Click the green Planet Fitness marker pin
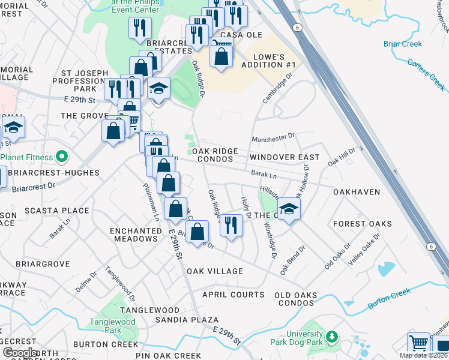tap(61, 158)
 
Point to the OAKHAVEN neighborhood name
tap(357, 192)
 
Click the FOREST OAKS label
tap(363, 224)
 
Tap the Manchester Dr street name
tap(273, 139)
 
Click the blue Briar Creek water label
tap(403, 44)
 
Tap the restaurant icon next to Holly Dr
tap(231, 225)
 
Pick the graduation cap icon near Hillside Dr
tap(289, 209)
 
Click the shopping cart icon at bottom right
tap(419, 344)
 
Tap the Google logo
tap(20, 353)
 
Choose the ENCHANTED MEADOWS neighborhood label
tap(136, 235)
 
